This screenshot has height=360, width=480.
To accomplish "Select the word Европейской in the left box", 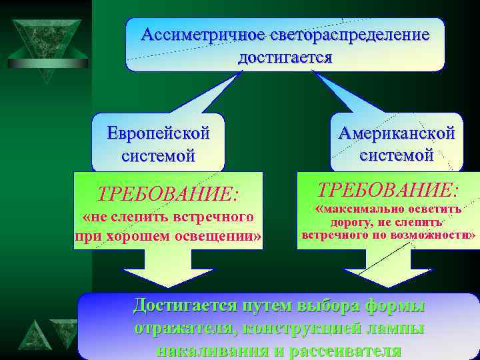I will click(x=159, y=133).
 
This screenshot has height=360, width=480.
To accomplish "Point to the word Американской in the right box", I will click(x=397, y=133).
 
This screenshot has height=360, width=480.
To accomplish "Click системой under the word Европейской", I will click(x=159, y=156).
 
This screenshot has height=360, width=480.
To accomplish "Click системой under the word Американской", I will click(x=397, y=155).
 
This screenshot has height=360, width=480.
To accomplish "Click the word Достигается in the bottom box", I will click(x=185, y=305).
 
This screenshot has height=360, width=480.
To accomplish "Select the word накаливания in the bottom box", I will click(x=213, y=351).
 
